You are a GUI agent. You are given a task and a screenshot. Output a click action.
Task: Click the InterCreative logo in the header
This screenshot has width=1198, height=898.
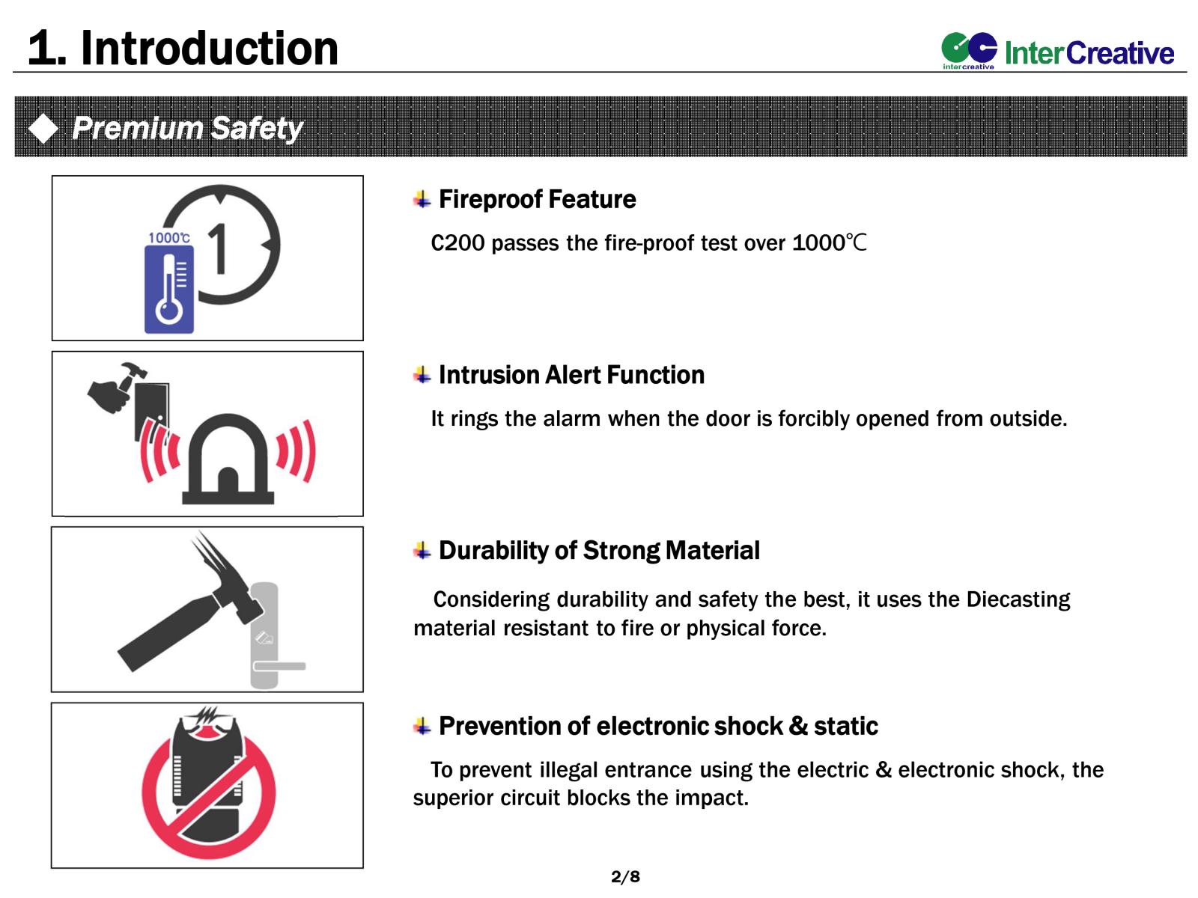point(1057,51)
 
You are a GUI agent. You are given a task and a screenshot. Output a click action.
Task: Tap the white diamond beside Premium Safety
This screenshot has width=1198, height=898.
point(43,129)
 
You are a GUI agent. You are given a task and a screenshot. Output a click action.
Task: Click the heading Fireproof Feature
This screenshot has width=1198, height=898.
point(537,199)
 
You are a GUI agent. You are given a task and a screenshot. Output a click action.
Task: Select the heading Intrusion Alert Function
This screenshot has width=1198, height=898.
point(571,375)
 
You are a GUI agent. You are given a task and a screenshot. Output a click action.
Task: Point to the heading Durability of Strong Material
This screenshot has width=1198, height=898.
point(599,551)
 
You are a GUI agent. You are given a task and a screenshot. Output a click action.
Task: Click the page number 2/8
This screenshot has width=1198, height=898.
point(625,876)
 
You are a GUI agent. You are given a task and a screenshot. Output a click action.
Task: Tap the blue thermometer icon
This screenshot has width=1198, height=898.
point(168,289)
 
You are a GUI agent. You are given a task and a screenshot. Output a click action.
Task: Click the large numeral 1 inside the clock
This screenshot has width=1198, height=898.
point(219,248)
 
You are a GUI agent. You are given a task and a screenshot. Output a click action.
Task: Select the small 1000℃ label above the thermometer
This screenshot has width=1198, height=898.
point(169,238)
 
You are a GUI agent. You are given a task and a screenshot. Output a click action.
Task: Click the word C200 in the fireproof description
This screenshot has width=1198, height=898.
point(457,243)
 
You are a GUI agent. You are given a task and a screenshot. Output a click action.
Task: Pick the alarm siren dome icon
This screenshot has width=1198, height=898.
point(228,459)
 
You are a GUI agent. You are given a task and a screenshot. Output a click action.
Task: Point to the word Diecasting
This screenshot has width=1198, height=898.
point(1018,599)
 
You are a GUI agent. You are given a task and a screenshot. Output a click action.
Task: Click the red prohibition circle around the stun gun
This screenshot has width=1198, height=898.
point(208,793)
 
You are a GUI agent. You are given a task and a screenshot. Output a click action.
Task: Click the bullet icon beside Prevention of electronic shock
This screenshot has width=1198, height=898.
point(422,726)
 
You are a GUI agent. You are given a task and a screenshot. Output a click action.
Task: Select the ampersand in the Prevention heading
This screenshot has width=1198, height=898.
point(798,726)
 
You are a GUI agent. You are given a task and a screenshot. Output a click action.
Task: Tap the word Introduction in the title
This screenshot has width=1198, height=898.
point(210,49)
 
